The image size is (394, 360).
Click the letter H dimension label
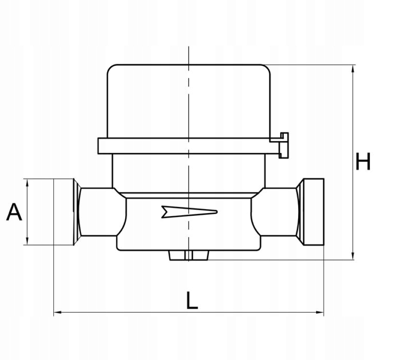pos(363,161)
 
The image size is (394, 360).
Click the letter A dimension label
pos(14,212)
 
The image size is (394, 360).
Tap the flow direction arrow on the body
pos(189,212)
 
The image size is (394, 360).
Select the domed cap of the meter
pos(189,101)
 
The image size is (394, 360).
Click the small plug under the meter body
pos(189,255)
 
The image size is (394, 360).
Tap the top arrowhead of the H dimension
pos(353,68)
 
